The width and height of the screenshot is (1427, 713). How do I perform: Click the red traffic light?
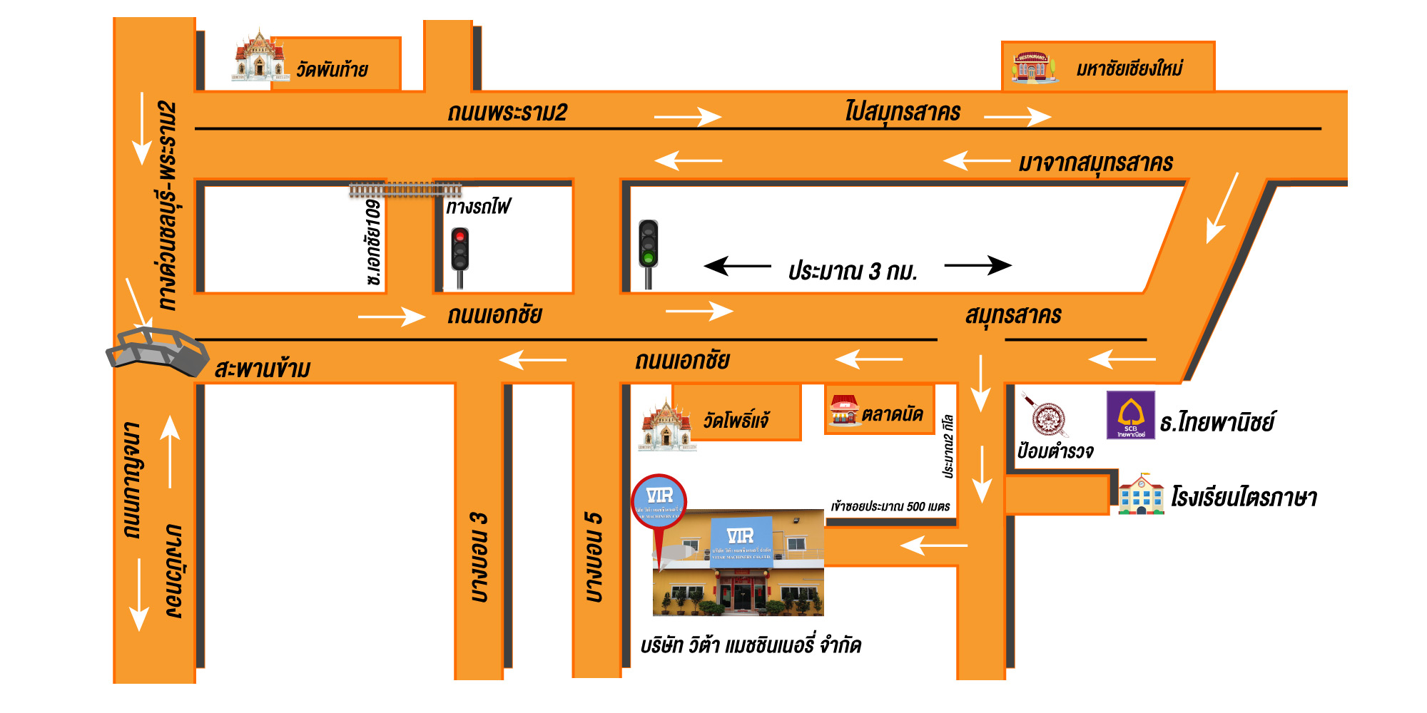click(x=460, y=249)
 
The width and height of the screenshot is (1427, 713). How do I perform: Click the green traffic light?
click(x=648, y=244)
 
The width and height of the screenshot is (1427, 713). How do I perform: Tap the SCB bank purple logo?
click(x=1130, y=415)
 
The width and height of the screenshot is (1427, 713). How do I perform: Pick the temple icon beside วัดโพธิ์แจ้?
click(x=666, y=426)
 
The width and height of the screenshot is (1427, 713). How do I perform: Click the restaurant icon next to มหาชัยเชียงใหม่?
click(x=1032, y=67)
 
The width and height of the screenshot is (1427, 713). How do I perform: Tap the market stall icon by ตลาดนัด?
click(x=844, y=411)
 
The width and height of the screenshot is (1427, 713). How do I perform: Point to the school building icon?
click(x=1140, y=494)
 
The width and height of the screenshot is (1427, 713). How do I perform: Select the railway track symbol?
click(x=405, y=190)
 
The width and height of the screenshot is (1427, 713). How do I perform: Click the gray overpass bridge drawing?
click(x=157, y=351)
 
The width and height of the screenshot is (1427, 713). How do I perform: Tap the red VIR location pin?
click(x=659, y=503)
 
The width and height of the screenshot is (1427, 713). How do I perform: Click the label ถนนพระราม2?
click(x=507, y=113)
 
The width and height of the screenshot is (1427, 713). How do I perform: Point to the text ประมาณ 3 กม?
click(x=853, y=272)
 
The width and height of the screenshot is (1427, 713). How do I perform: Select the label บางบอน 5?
click(x=594, y=556)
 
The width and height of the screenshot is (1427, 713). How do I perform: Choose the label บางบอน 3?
click(x=479, y=556)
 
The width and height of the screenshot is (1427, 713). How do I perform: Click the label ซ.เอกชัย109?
click(x=373, y=242)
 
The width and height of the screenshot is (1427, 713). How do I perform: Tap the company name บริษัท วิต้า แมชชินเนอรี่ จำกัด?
click(x=751, y=646)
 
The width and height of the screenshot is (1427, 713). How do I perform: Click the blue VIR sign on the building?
click(x=741, y=542)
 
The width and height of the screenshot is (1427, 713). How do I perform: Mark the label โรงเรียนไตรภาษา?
click(x=1244, y=497)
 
